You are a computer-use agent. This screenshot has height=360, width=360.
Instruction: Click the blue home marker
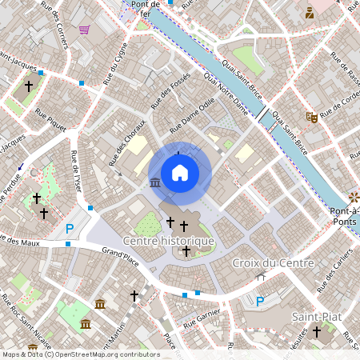179,172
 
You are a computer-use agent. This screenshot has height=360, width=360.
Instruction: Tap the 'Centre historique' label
168,241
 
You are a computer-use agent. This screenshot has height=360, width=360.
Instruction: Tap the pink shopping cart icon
84,30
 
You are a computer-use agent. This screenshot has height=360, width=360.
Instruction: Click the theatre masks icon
312,118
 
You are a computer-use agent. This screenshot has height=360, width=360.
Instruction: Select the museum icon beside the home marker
154,184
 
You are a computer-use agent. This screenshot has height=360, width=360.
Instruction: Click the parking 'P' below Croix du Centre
259,301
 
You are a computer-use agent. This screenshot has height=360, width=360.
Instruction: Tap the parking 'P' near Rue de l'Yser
70,229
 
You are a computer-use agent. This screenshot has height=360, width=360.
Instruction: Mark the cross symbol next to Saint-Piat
317,330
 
